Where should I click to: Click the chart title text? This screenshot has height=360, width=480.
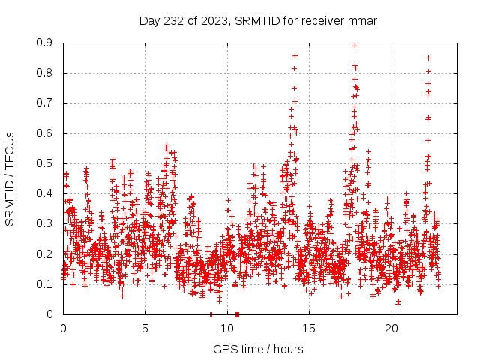coord(258,20)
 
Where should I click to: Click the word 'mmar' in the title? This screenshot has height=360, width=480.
coord(361,20)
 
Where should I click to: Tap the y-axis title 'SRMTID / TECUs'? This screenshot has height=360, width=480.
coord(10,178)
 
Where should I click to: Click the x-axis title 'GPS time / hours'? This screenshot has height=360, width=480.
coord(258,349)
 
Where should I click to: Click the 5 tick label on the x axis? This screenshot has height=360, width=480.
coord(145,328)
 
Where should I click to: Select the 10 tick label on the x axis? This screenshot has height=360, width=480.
coord(227,328)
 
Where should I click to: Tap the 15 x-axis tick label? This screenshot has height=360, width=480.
coord(310,328)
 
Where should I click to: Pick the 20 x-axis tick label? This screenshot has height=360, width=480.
coord(391,328)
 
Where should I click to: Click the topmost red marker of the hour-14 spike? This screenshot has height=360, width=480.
coord(295,55)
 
